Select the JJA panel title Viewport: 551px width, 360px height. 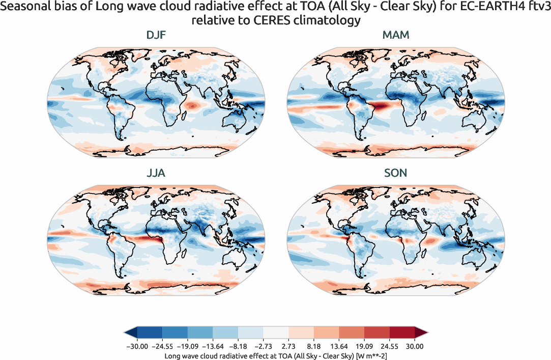155,173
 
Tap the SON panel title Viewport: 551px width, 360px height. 395,173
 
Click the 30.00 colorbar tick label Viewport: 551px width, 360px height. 415,346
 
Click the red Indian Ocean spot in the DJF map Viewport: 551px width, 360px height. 192,105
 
